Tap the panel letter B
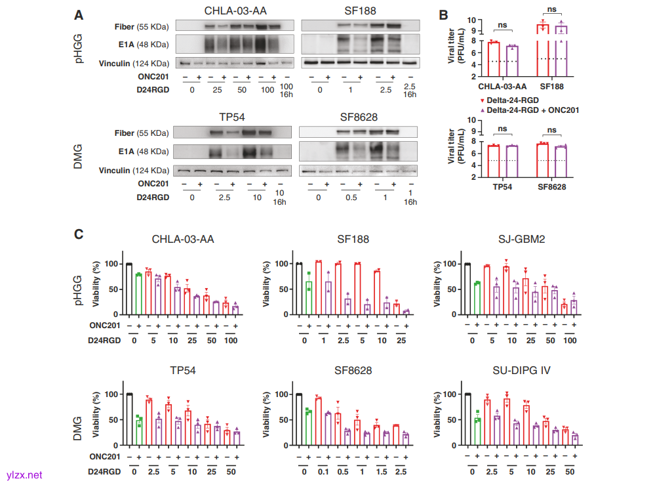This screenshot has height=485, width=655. pos(443,14)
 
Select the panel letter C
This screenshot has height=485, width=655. pos(79,234)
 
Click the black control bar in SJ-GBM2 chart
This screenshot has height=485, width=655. pos(467,289)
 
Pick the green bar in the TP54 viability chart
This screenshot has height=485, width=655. pos(139,432)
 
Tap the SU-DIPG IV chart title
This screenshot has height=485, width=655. pos(522,371)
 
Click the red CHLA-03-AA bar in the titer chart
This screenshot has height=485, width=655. pos(493,60)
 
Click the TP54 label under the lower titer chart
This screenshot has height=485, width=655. pos(503,186)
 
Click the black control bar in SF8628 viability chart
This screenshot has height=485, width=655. pos(299,419)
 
